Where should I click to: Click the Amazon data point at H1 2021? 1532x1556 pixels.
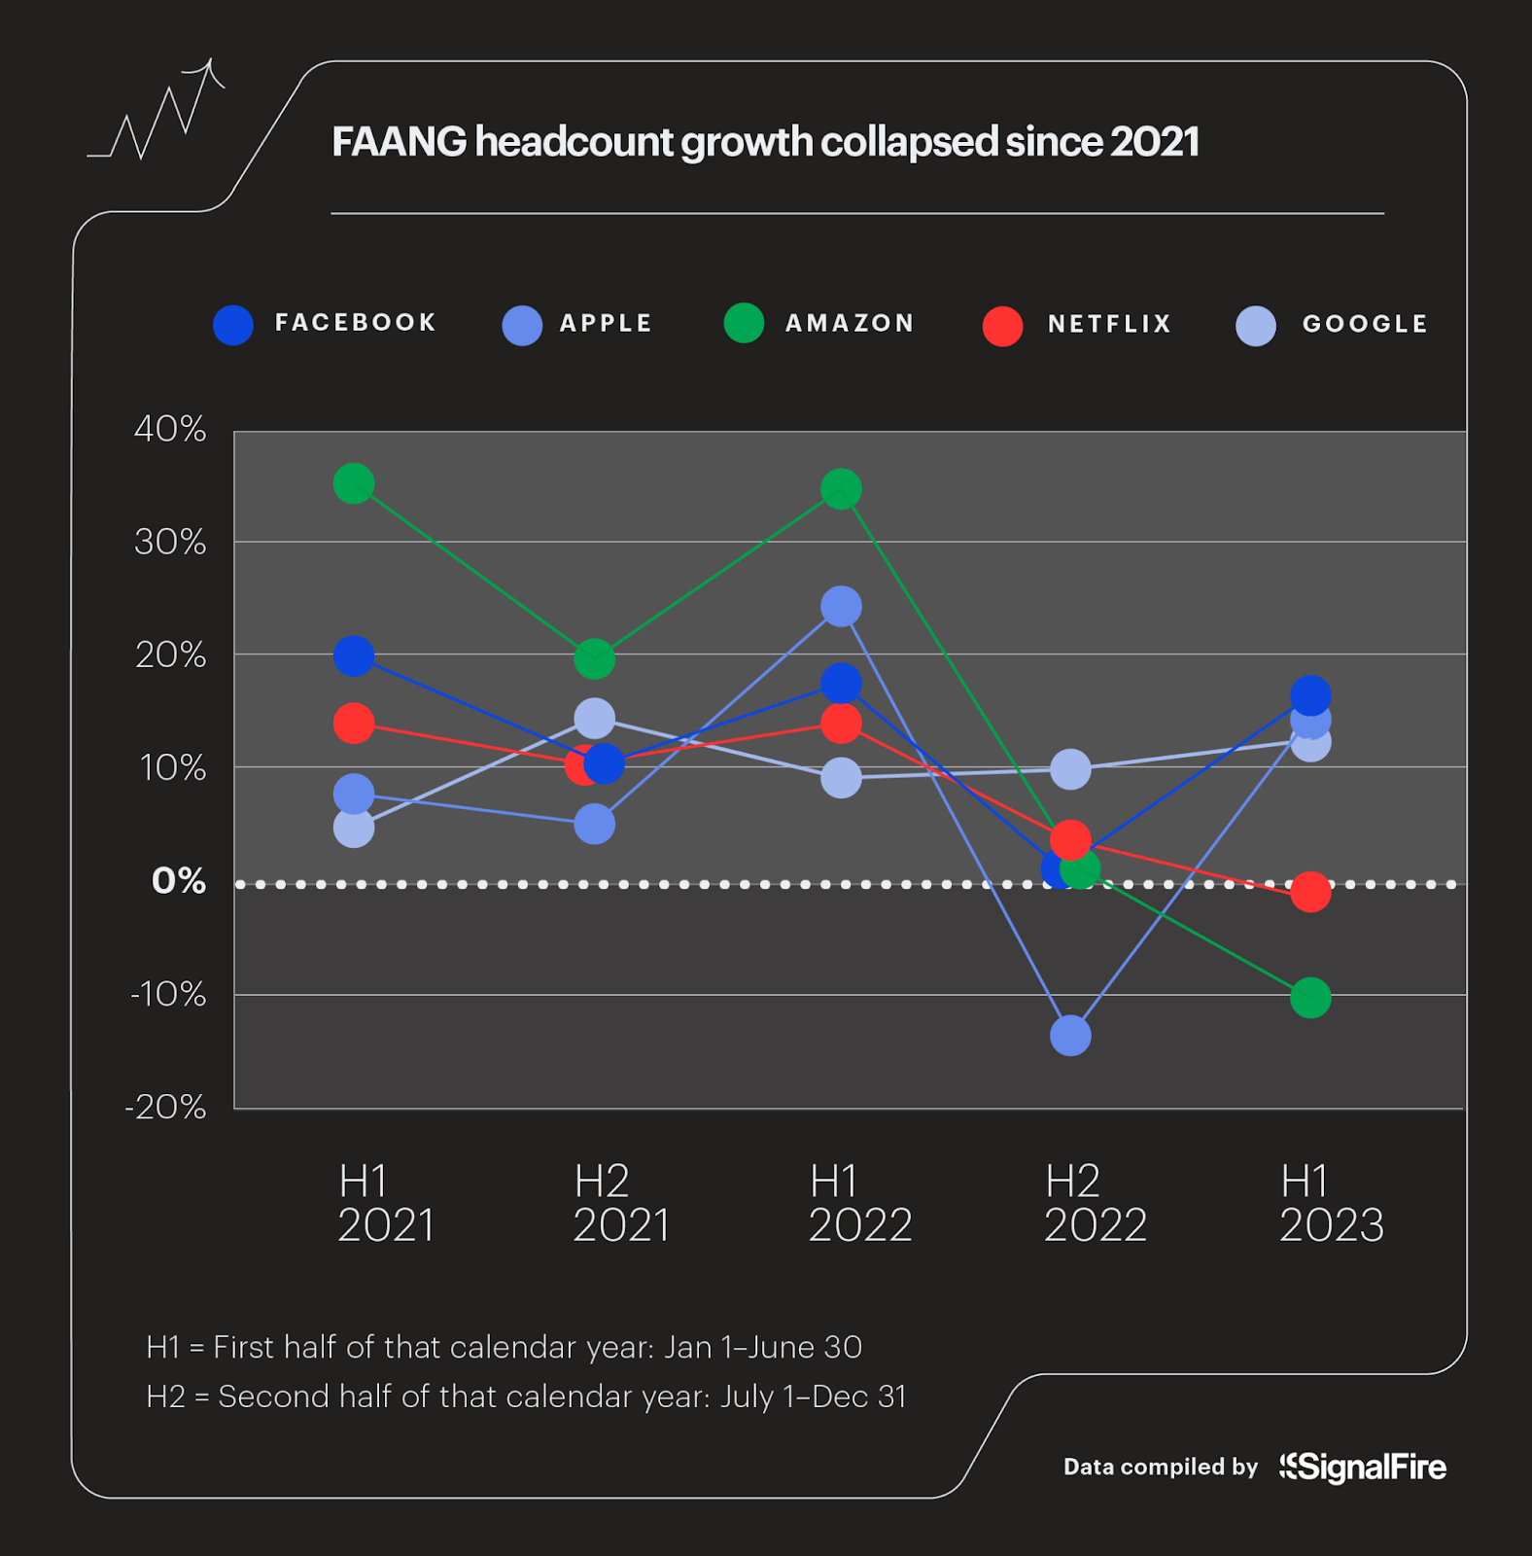354,483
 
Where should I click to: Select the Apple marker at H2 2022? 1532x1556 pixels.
1070,1036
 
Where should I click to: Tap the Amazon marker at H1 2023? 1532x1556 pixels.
1310,998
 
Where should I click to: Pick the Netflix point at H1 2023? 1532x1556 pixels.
1310,892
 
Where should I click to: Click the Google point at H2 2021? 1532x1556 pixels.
594,719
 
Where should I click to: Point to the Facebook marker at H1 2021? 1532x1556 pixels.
354,656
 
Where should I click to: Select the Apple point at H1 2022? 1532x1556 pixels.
841,607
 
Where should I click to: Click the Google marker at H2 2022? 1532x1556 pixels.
1070,769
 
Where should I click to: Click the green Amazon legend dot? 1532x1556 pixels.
744,323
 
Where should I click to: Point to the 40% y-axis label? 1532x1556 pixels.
170,429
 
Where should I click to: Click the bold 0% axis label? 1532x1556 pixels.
179,881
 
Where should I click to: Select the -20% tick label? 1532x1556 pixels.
166,1107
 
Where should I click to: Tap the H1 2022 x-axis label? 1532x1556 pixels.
859,1203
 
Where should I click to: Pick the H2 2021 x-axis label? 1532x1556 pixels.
621,1203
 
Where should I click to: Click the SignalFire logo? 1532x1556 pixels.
1363,1467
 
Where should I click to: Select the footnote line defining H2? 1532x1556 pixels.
526,1397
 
